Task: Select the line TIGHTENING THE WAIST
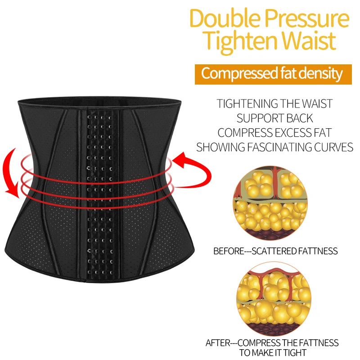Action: [274, 103]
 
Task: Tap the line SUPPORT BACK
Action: [274, 118]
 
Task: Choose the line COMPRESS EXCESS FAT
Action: [274, 133]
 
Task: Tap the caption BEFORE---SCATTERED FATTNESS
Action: [275, 251]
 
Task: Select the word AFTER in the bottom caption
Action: [218, 342]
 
